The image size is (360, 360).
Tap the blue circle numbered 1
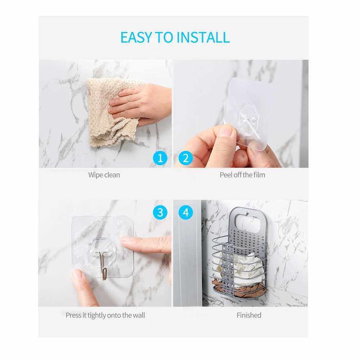click(x=160, y=158)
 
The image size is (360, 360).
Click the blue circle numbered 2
click(x=185, y=158)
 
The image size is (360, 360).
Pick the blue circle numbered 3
click(x=160, y=212)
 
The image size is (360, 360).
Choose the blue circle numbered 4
click(x=185, y=212)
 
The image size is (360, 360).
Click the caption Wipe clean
click(x=104, y=175)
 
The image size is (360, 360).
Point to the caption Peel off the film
click(x=242, y=175)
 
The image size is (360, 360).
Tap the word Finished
click(x=249, y=315)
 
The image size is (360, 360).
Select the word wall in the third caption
click(x=139, y=315)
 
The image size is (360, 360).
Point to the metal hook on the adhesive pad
click(x=103, y=265)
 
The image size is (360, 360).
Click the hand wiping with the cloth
click(x=140, y=104)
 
